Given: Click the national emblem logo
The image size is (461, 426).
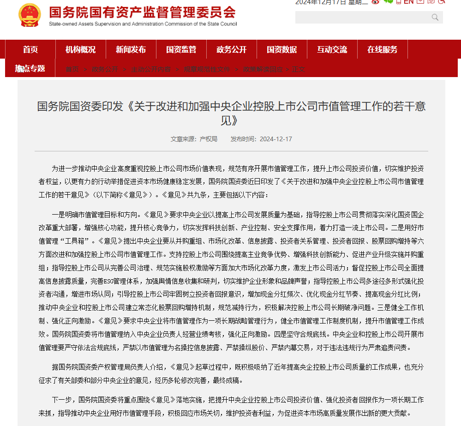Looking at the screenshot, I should pos(30,15).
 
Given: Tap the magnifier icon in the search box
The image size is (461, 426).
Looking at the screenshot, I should pos(435,18).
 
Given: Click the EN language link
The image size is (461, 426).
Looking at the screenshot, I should pos(408,2).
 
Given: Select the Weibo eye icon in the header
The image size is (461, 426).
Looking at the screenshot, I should pos(375,2).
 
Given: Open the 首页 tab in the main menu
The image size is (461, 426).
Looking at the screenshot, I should pos(30,49).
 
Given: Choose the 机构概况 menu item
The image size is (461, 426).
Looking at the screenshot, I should pos(80,49).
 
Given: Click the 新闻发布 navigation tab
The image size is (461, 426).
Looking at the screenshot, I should pos(131,49).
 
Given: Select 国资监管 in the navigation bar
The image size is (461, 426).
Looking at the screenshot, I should pos(181,49).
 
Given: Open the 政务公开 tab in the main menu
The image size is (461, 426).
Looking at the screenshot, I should pos(231,49).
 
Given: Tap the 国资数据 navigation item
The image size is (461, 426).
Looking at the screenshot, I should pos(281,49).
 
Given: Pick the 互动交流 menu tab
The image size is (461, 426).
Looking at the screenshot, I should pos(332,49).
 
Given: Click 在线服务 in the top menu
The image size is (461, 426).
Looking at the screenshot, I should pos(382,49).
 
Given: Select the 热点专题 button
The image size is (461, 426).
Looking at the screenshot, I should pos(30,69).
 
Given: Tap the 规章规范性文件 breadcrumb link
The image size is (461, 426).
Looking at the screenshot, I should pos(206,69).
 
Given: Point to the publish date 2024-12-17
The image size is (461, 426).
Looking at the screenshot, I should pos(275,139).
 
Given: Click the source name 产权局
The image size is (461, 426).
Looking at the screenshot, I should pos(208,139).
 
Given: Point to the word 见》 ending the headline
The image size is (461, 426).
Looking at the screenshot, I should pos(231,121).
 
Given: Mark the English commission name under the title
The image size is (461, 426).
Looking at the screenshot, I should pos(143,24).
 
